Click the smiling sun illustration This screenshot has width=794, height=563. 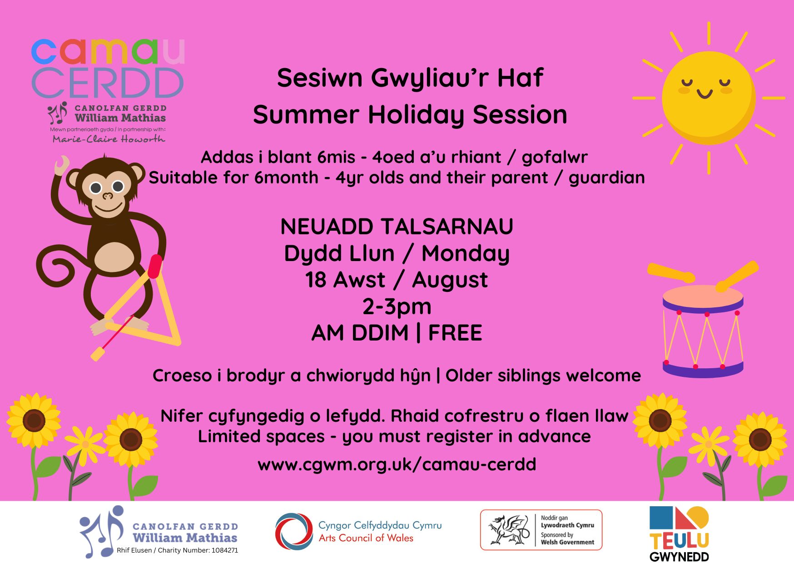(709, 98)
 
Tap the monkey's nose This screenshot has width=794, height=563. (108, 196)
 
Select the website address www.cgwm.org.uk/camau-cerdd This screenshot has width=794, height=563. (397, 464)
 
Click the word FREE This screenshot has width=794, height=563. (455, 333)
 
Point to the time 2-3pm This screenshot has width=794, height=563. (397, 307)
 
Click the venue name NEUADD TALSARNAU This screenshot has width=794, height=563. (397, 227)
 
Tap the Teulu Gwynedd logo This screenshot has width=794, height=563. (680, 534)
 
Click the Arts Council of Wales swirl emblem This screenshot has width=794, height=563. (294, 532)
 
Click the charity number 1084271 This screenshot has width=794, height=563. (224, 550)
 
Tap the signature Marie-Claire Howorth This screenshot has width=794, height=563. (109, 139)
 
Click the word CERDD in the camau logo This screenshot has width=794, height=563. (108, 83)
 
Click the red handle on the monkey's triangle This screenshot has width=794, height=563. (154, 266)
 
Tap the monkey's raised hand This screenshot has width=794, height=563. (62, 165)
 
